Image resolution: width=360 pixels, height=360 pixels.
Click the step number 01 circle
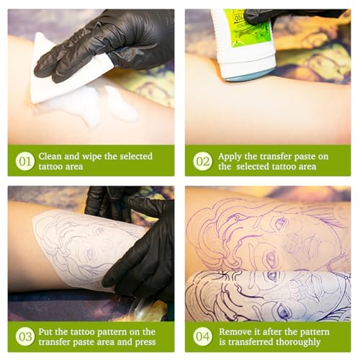pos(25,161)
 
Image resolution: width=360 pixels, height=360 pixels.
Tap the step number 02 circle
pos(202,161)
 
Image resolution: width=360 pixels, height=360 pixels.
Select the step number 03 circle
pos(25,337)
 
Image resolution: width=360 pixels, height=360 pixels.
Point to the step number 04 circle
pos(202,337)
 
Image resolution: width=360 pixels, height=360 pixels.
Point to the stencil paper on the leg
pos(79,248)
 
